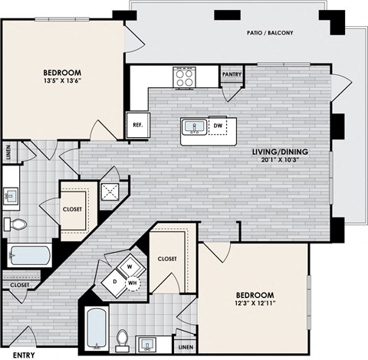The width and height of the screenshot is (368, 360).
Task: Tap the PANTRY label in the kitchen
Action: (x=232, y=75)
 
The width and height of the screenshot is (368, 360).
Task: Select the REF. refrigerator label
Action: (x=139, y=123)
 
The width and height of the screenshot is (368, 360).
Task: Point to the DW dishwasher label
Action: (x=219, y=125)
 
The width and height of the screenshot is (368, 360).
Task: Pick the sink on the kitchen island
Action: (x=192, y=127)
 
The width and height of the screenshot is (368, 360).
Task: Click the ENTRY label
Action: (x=23, y=354)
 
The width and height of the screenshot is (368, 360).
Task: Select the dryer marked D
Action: (x=116, y=281)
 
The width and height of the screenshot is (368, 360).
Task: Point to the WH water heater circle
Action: (x=132, y=284)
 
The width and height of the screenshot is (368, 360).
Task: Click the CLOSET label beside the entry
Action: (x=19, y=284)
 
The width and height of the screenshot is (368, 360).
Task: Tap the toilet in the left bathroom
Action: (x=17, y=224)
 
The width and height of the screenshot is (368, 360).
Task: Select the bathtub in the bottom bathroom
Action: (x=96, y=327)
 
